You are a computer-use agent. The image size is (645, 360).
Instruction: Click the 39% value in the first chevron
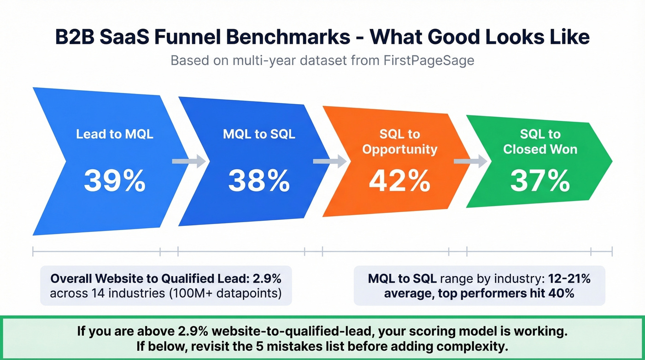(114, 181)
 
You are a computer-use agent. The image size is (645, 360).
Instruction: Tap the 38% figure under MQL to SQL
(259, 181)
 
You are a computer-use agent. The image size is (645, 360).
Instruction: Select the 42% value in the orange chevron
(399, 181)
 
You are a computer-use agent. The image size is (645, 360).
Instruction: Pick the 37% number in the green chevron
(540, 181)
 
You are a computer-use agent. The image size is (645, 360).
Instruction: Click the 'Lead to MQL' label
(114, 135)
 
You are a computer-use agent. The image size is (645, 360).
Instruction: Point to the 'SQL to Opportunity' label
(399, 142)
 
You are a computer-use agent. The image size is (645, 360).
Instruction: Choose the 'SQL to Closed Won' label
(540, 142)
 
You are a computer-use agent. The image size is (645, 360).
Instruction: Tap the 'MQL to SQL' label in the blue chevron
(259, 135)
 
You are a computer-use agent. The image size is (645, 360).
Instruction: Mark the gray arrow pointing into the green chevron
(470, 161)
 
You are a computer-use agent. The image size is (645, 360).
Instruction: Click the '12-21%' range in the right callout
(569, 279)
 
